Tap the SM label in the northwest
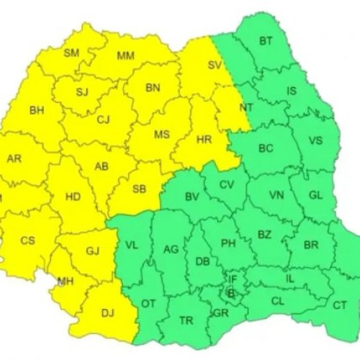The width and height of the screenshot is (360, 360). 72,53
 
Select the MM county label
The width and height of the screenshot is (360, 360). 125,55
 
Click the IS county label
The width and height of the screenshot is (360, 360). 292,91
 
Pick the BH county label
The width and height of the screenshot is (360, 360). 37,111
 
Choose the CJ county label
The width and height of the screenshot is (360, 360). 104,120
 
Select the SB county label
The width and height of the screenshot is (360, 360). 140,190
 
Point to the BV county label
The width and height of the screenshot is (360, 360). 192,197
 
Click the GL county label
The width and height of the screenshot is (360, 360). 315,195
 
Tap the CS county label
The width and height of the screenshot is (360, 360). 27,240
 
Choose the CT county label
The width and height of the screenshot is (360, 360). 340,305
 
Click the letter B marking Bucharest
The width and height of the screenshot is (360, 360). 230,293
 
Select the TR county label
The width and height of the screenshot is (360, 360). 186,320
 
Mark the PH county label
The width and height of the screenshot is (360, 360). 228,243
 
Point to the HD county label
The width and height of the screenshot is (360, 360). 72,196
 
